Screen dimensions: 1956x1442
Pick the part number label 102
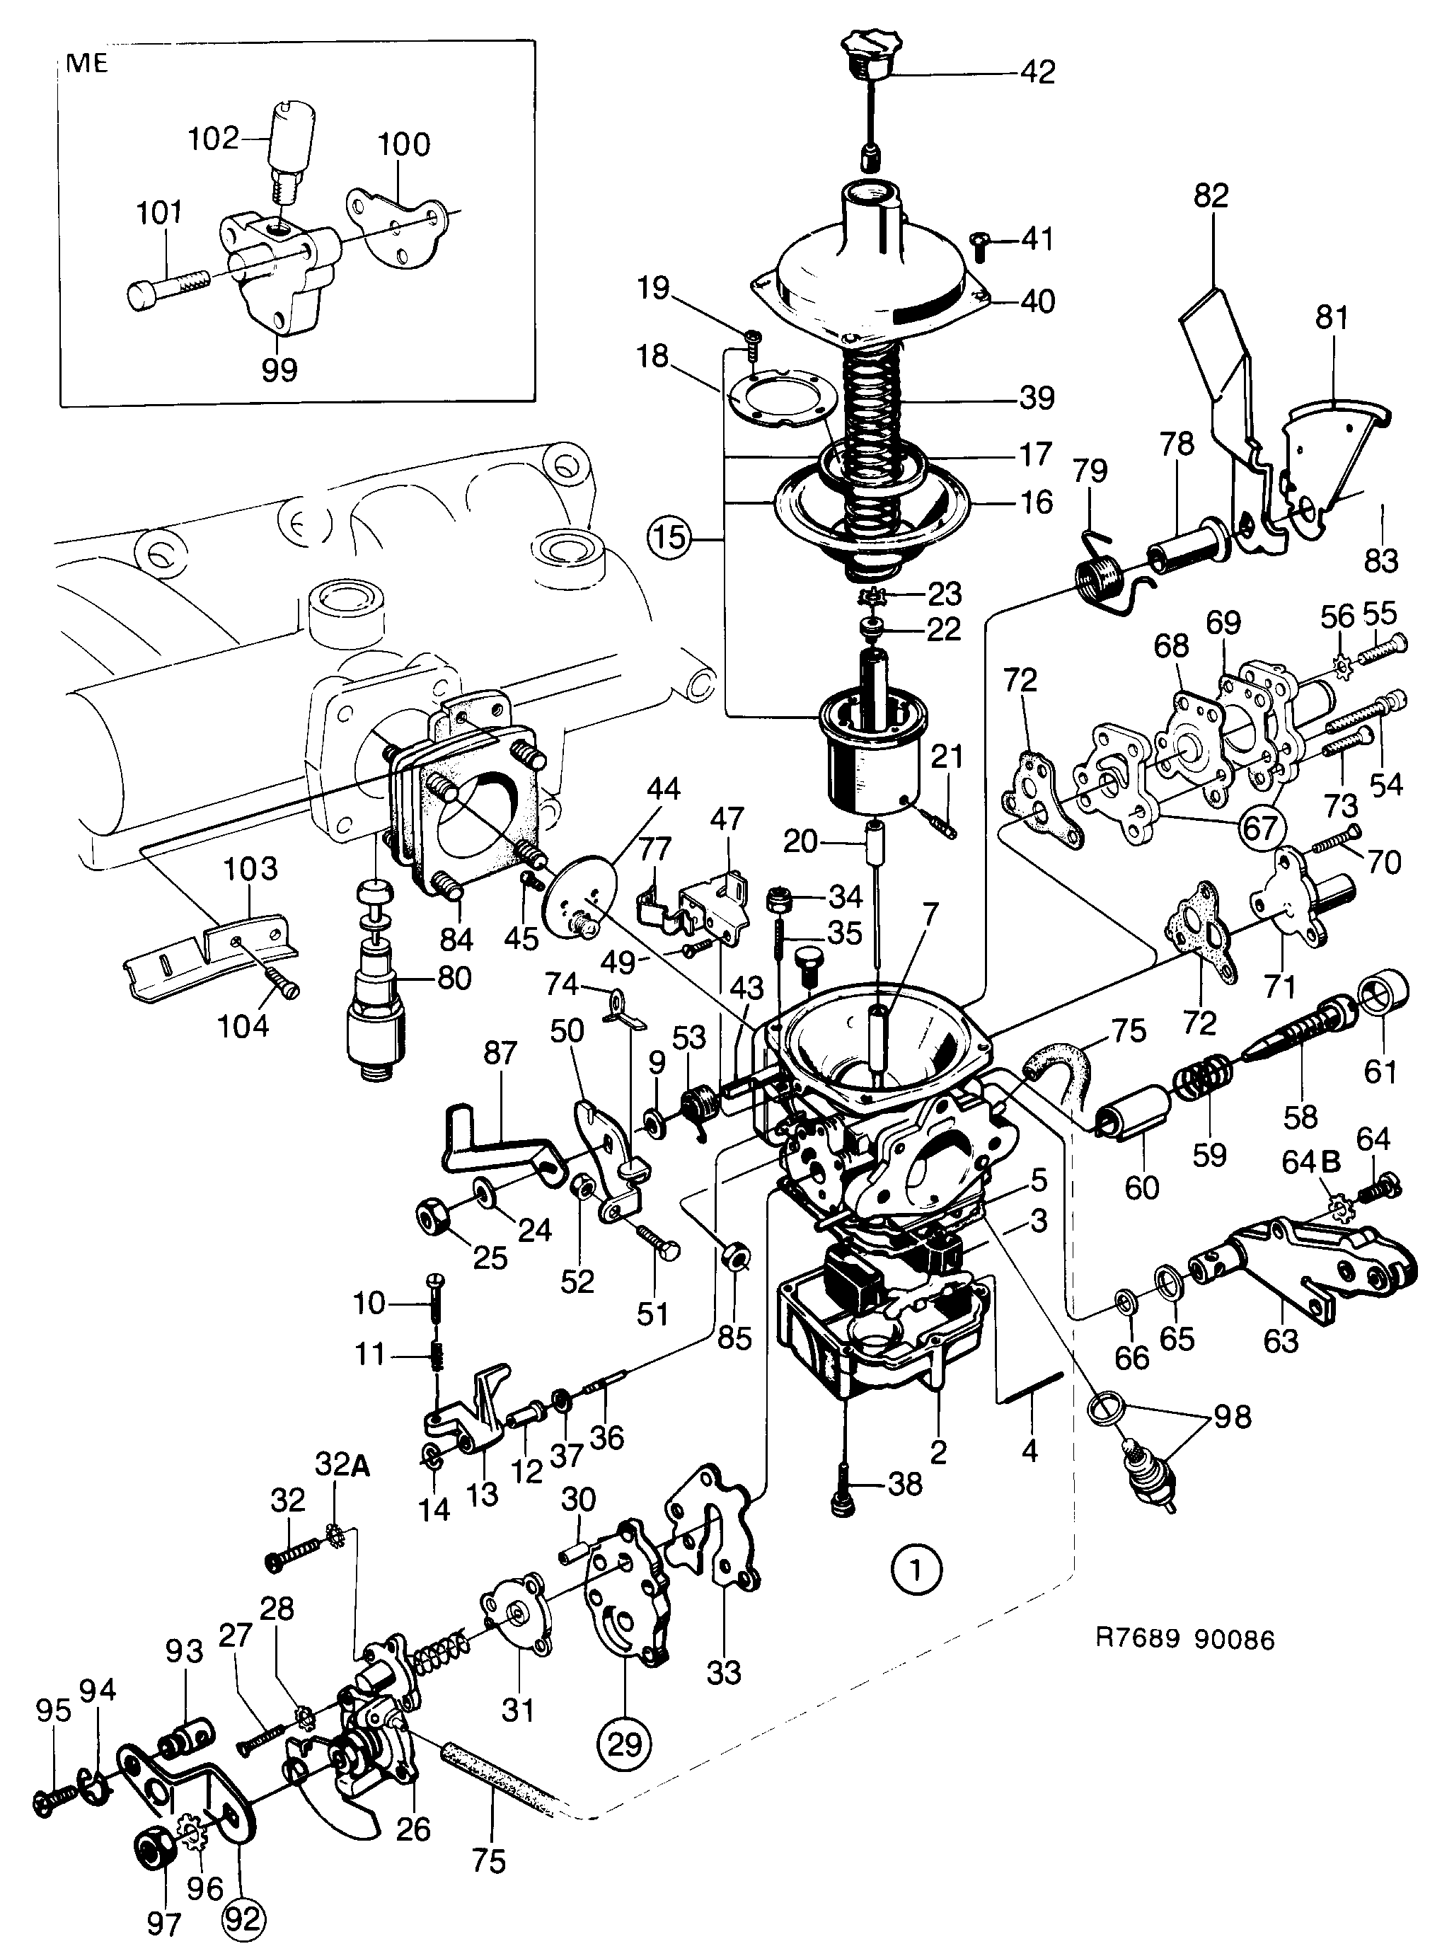(214, 138)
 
